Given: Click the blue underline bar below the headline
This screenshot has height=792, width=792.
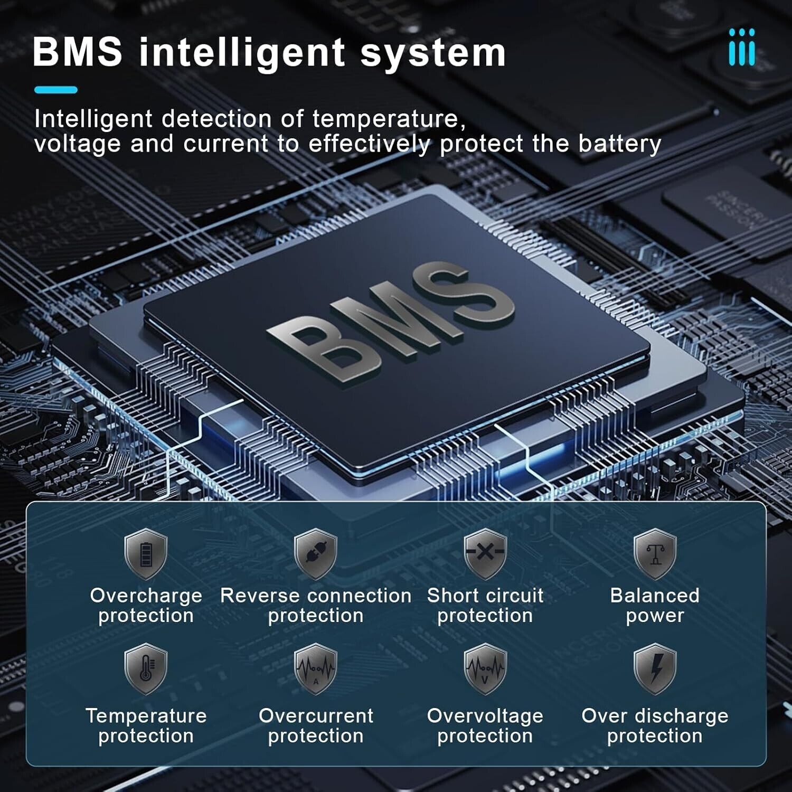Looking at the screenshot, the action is pos(56,90).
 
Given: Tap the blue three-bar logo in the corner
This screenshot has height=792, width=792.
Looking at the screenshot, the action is pos(742,47).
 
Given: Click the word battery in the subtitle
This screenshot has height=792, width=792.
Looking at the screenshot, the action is pos(620,144).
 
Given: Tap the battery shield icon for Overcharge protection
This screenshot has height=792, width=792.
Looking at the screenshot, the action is pos(146,554).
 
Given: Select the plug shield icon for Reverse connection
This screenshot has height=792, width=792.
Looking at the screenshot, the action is pos(316,554).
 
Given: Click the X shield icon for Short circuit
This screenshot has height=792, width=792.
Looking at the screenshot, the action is pos(485,554).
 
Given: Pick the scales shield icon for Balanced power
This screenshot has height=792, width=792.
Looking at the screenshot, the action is pos(655,554).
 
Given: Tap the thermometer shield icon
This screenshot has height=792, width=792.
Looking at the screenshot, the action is pos(146,669).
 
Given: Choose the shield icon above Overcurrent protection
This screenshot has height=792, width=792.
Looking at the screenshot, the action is pos(316,669).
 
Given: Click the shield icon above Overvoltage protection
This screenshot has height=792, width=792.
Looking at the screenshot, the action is pos(485,669).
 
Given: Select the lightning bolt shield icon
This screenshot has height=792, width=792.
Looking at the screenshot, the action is pos(655,669).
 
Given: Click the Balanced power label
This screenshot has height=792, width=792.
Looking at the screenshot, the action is pos(655,606).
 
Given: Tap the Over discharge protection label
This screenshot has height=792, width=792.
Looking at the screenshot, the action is pos(655,725).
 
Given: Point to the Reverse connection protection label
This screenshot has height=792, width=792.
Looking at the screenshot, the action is pos(316,606).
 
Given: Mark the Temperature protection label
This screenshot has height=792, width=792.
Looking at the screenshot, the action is pos(146,725).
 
